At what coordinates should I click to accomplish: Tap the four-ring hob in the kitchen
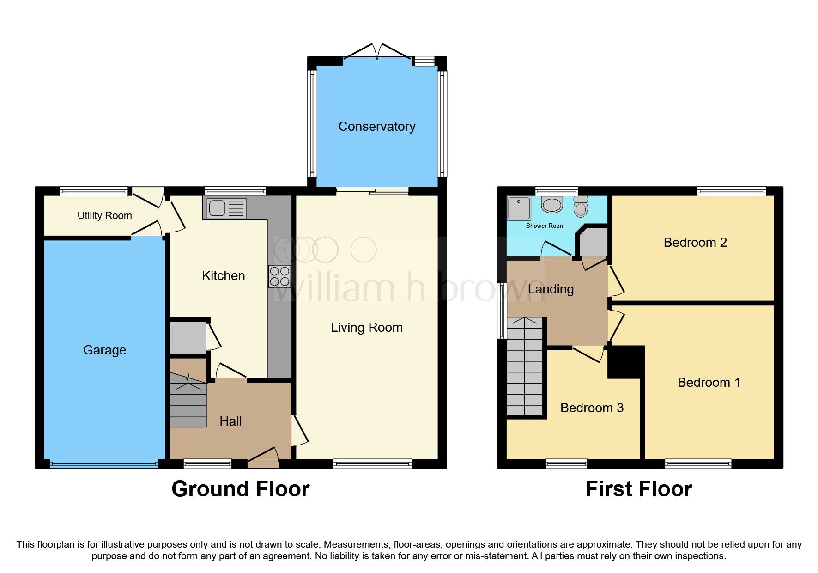[x=279, y=276]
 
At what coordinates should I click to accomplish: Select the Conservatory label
[x=376, y=127]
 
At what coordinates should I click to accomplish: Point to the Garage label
[x=104, y=350]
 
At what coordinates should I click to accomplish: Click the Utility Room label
[x=104, y=216]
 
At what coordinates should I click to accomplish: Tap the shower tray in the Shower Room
[x=519, y=208]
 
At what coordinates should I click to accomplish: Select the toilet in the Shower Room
[x=581, y=207]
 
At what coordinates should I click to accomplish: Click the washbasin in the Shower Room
[x=552, y=204]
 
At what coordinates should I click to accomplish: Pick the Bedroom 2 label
[x=695, y=243]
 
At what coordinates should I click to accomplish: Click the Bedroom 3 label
[x=591, y=408]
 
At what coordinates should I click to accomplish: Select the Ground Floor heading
[x=240, y=489]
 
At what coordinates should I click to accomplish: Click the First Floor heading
[x=638, y=489]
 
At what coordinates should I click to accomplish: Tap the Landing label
[x=551, y=290]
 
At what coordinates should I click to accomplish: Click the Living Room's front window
[x=372, y=463]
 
